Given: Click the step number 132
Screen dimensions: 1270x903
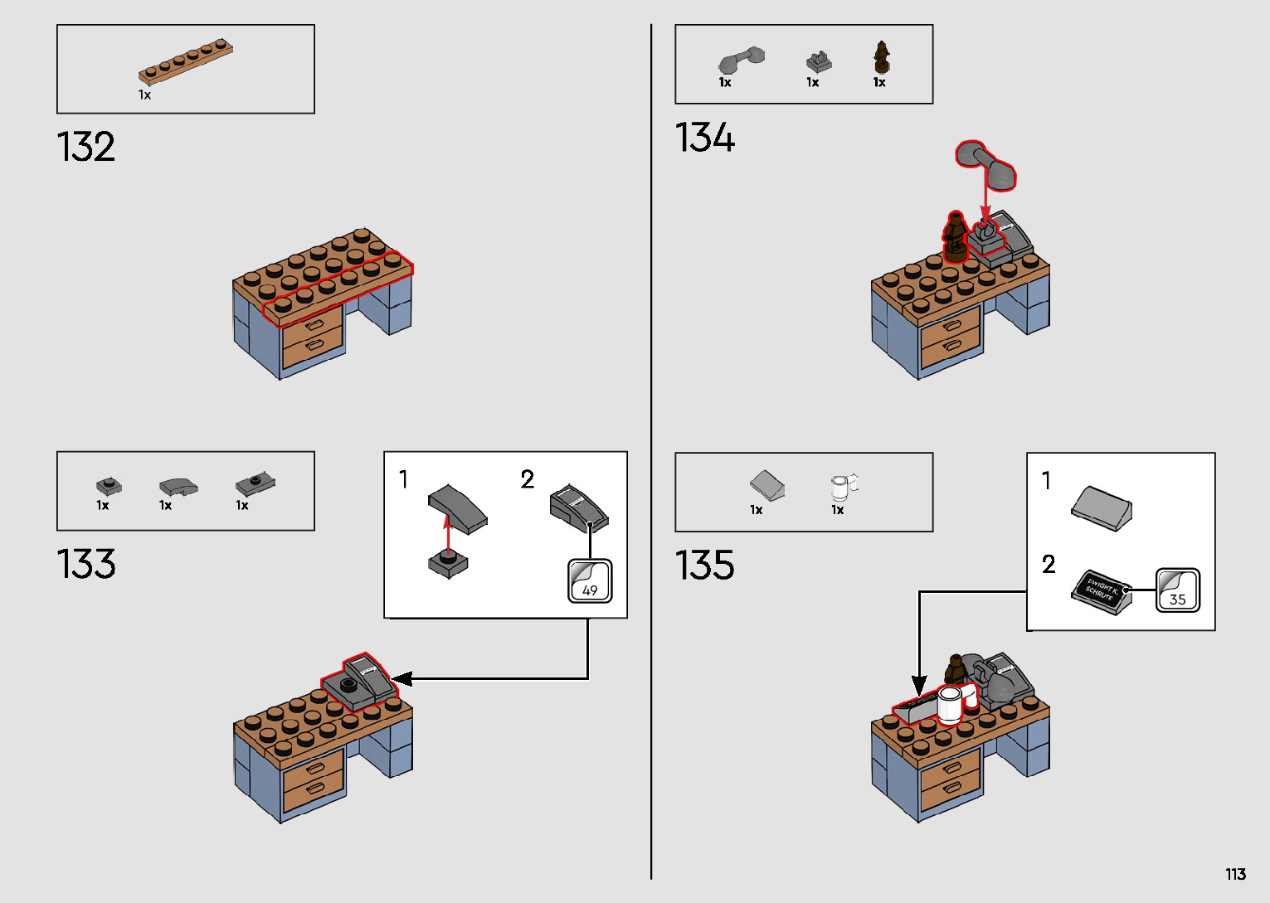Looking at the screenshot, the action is (86, 148).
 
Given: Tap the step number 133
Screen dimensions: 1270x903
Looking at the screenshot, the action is (86, 565).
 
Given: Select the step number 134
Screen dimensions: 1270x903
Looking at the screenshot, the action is (705, 138).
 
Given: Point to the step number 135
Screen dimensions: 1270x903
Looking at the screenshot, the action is (705, 566).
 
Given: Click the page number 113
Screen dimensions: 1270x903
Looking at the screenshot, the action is (1235, 875).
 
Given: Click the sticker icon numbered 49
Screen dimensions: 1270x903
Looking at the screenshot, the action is (590, 580).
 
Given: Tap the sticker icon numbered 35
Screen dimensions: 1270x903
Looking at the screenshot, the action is (1177, 590).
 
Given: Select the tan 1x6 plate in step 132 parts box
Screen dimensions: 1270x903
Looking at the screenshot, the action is (186, 61).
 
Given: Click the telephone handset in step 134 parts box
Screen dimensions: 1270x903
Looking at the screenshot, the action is (741, 60).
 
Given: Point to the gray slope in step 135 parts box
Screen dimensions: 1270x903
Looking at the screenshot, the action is (766, 485).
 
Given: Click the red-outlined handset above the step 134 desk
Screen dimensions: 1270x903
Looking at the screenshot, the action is (985, 164).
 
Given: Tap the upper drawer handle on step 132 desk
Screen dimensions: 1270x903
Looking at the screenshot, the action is (314, 324).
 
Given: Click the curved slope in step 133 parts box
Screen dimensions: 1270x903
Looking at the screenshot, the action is (178, 486).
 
